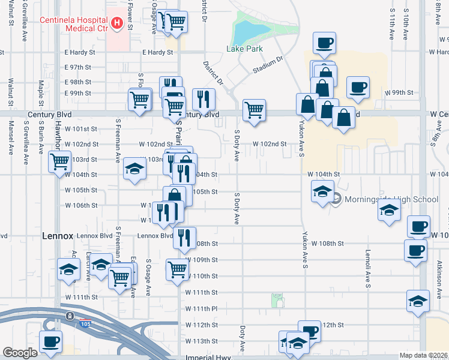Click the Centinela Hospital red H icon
tap(117, 23)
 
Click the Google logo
tap(20, 353)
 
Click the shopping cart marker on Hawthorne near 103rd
tap(59, 161)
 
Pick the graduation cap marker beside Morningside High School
tap(322, 193)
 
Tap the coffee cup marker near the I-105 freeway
tap(50, 341)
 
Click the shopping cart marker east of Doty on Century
tap(254, 110)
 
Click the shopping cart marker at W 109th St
tap(177, 269)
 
